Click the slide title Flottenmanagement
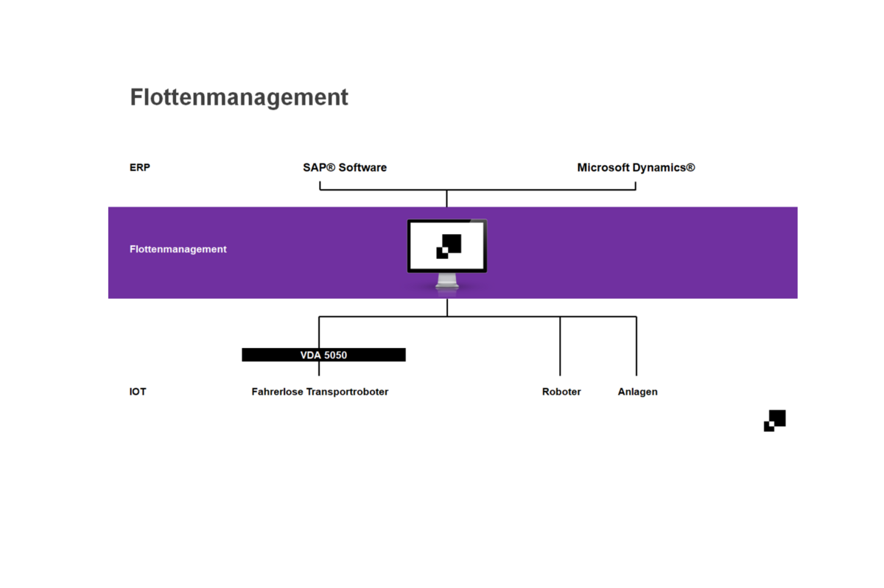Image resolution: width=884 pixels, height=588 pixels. point(239,97)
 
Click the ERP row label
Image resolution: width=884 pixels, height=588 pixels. point(139,167)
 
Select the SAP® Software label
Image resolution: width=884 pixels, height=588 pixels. point(345,167)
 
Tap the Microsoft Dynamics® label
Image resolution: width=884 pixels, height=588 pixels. point(636,167)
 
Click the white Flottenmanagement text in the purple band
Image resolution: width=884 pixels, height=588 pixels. point(178,249)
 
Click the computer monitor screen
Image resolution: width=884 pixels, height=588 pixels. point(447,246)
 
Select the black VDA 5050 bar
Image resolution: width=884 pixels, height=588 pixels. point(323,355)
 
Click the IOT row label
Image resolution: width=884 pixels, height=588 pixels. point(138,392)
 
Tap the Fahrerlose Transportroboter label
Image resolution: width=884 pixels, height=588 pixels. point(320,392)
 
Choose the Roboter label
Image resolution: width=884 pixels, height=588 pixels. point(561,392)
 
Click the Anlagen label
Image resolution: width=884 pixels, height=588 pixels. point(637,392)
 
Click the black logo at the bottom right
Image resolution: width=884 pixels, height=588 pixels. point(775,420)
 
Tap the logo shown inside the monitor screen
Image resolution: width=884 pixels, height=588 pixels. point(449,246)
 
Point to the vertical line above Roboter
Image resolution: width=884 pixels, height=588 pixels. point(560,346)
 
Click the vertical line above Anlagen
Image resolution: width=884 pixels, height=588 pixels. point(636,346)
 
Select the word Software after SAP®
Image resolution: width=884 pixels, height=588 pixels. point(362,167)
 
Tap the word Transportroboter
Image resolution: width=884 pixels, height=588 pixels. point(348,392)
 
